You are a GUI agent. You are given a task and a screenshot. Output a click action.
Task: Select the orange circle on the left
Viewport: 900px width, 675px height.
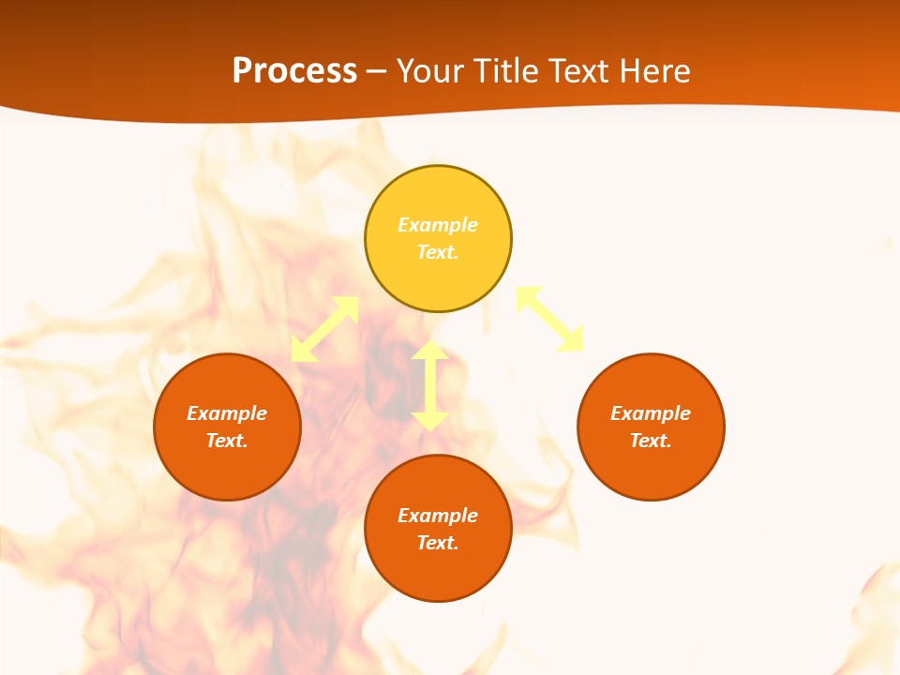tap(227, 469)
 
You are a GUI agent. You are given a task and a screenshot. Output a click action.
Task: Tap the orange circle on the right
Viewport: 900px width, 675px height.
tap(651, 469)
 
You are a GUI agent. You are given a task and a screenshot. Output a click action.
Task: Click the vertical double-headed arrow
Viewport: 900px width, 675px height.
tap(430, 385)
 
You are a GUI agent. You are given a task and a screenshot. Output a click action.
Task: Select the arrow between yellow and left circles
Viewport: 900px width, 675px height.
tap(324, 329)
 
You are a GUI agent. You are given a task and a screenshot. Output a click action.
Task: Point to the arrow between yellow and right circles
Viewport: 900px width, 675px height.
tap(549, 319)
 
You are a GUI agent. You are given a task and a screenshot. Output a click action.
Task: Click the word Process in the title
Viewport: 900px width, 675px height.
tap(294, 70)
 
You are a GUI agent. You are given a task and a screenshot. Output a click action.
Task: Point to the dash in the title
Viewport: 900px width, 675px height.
tap(377, 71)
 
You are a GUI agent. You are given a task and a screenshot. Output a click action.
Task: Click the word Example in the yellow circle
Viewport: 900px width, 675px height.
tap(438, 225)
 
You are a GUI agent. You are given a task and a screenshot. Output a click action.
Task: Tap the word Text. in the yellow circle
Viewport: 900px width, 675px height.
tap(438, 252)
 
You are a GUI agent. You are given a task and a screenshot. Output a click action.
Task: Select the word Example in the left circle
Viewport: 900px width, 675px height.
tap(227, 413)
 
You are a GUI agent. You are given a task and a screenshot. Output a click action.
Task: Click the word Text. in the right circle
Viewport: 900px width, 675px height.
tap(651, 441)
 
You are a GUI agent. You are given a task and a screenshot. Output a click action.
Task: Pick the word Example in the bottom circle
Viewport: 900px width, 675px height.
tap(438, 516)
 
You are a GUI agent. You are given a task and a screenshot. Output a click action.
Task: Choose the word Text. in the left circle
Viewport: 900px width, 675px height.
tap(227, 441)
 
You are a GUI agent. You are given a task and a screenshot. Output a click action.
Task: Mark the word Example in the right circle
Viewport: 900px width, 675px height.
tap(651, 413)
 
